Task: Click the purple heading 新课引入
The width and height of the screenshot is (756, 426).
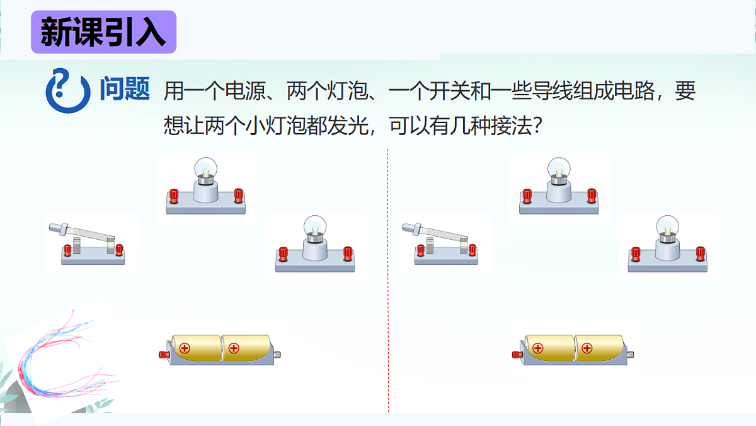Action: [103, 32]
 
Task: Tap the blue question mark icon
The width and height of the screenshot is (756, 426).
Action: [66, 90]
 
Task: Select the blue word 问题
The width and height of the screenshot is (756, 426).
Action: [125, 90]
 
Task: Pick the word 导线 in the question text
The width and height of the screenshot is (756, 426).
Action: [558, 92]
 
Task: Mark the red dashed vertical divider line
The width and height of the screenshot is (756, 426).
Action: [387, 284]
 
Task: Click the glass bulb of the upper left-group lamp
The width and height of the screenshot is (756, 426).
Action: [205, 167]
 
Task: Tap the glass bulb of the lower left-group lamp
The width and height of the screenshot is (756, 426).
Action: [314, 225]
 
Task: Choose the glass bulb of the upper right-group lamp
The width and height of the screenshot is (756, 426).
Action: [558, 167]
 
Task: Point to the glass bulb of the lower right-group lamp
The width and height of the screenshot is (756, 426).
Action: [667, 225]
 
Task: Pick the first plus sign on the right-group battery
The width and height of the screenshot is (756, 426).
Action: [537, 348]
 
